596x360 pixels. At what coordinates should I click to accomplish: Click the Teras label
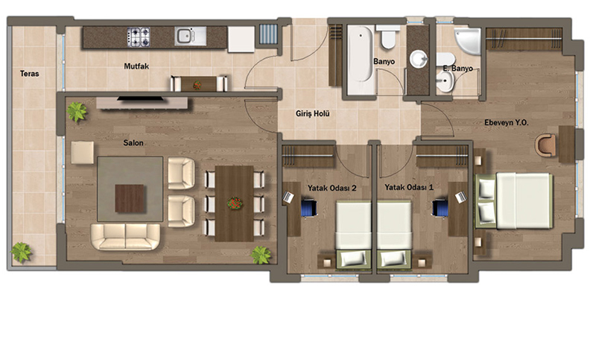point(30,73)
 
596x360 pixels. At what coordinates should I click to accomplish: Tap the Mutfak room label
point(136,66)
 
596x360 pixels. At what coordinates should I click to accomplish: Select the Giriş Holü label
point(313,113)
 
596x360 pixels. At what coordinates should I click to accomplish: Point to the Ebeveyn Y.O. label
point(507,122)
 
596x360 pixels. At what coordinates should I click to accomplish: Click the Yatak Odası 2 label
point(332,188)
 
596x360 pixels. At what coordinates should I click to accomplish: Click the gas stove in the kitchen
point(139,37)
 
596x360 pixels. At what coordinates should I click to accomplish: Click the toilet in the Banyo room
point(387,37)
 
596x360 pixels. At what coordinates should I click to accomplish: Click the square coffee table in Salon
point(130,198)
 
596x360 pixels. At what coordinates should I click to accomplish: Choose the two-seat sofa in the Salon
point(125,236)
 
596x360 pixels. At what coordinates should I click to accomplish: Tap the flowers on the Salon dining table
point(235,203)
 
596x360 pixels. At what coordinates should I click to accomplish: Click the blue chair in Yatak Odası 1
point(440,208)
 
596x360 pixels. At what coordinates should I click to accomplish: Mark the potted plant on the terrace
point(21,253)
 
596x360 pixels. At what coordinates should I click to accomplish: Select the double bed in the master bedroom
point(513,200)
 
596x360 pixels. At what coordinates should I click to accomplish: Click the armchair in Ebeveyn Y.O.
point(545,145)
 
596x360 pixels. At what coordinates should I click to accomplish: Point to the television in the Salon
point(141,99)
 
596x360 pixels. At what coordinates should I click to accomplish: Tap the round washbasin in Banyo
point(419,60)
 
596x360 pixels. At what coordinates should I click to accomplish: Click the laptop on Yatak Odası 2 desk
point(288,196)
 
